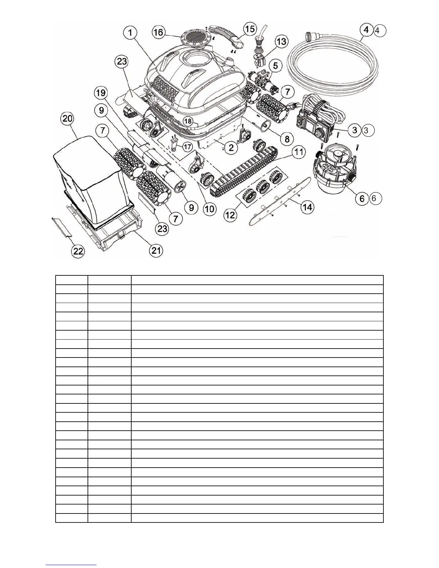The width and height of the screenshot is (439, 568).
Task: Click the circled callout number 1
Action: point(131,33)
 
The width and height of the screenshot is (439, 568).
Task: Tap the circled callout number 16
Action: point(158,33)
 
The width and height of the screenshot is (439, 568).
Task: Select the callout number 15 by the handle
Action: point(250,29)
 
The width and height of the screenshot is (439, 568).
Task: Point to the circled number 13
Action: point(282,42)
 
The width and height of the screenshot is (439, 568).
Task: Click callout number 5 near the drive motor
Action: point(275,66)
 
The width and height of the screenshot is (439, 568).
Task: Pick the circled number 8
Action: point(287,139)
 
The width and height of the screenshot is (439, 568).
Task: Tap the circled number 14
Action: point(307,207)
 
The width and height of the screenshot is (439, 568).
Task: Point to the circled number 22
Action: point(79,251)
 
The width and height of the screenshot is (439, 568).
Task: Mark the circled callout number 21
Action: point(156,250)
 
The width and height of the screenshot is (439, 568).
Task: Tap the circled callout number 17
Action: point(187,147)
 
